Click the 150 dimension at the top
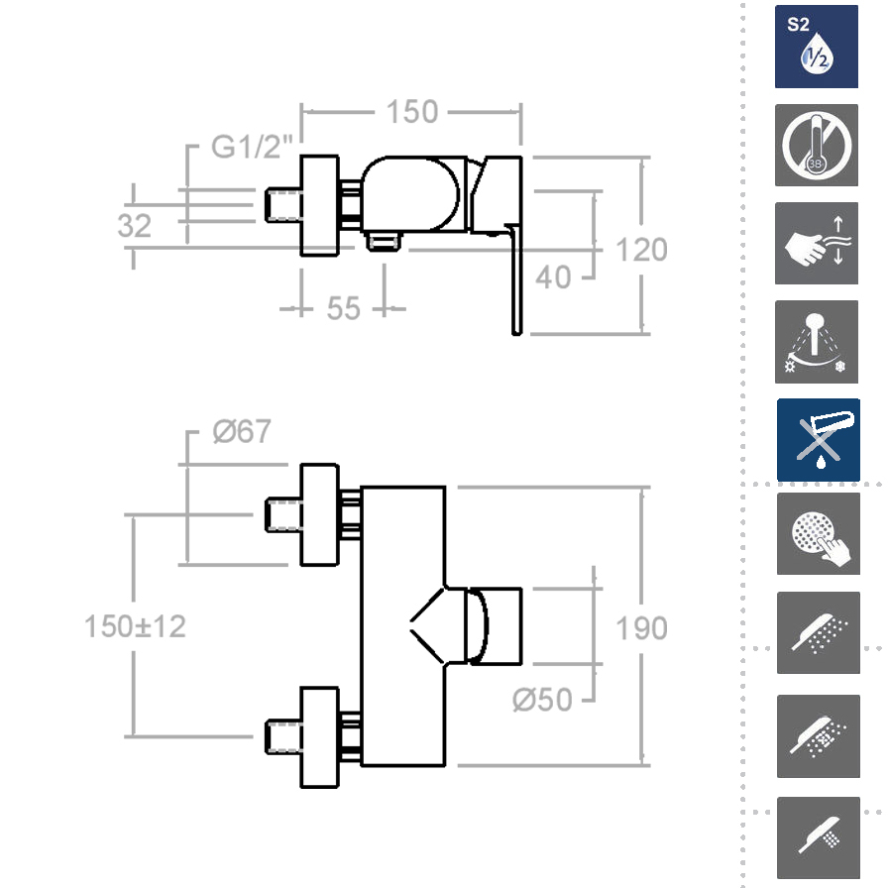[x=411, y=112]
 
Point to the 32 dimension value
[x=135, y=225]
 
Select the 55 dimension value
[x=343, y=308]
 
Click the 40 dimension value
[x=553, y=277]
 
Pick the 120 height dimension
[x=641, y=249]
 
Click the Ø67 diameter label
[x=242, y=432]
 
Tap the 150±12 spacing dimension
[x=135, y=626]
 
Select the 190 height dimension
[x=641, y=627]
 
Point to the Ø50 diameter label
[x=542, y=700]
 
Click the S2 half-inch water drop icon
[x=817, y=47]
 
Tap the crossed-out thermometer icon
[x=817, y=145]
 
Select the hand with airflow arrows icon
[x=817, y=244]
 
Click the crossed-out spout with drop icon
[x=818, y=441]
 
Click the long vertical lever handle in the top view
[x=515, y=282]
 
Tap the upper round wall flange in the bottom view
[x=319, y=514]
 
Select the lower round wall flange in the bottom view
[x=319, y=736]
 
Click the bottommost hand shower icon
[x=818, y=838]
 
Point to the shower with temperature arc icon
[x=817, y=343]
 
